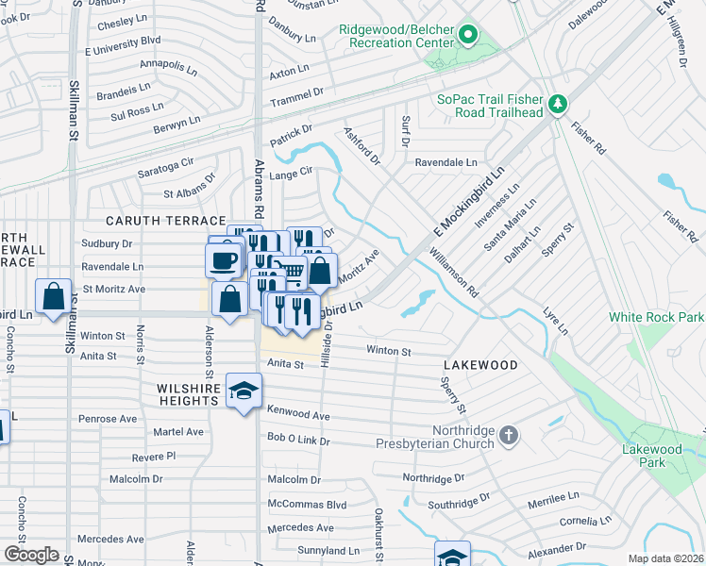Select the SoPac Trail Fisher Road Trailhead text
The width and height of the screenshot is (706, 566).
pos(490,106)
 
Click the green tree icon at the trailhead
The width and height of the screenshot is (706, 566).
pos(559,102)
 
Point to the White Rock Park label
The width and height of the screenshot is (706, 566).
pos(656,317)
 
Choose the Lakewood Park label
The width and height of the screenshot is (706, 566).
pos(651,456)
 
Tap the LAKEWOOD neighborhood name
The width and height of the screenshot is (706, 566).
pos(480,364)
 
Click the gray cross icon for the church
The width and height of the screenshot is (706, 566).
pos(508,435)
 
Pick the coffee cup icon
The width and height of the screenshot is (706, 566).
pos(223,259)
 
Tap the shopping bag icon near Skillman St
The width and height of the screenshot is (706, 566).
pos(54,295)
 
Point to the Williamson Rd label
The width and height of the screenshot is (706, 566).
pos(453,274)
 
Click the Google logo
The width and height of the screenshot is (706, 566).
pos(31,555)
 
